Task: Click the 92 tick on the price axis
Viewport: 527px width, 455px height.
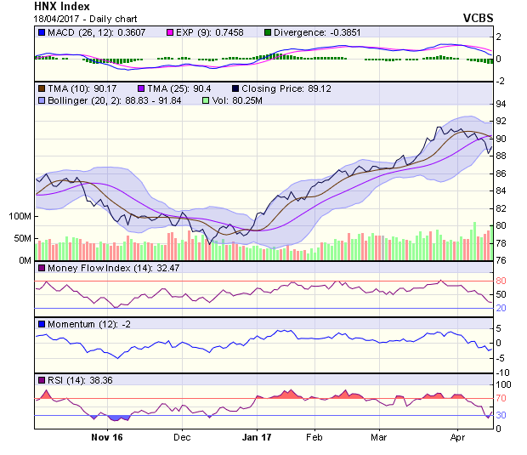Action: [x=501, y=121]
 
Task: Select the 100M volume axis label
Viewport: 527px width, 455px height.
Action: [x=19, y=217]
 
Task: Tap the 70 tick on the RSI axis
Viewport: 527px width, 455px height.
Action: [x=501, y=397]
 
